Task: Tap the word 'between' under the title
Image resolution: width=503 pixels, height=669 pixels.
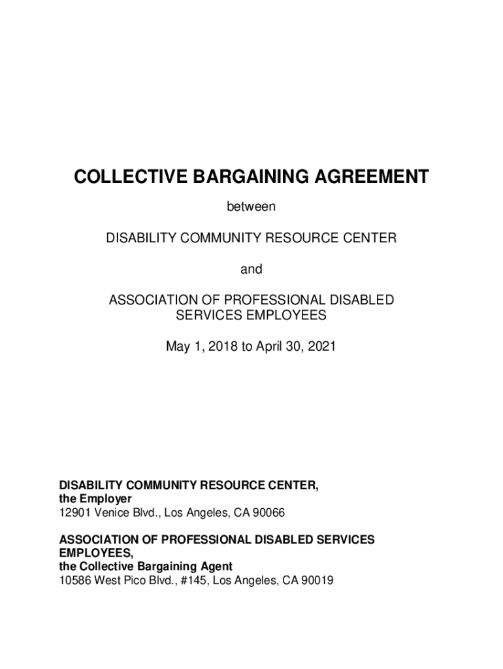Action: (252, 207)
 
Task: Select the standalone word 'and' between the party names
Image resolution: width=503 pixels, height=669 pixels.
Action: (252, 269)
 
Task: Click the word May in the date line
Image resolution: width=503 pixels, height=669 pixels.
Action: (178, 346)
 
